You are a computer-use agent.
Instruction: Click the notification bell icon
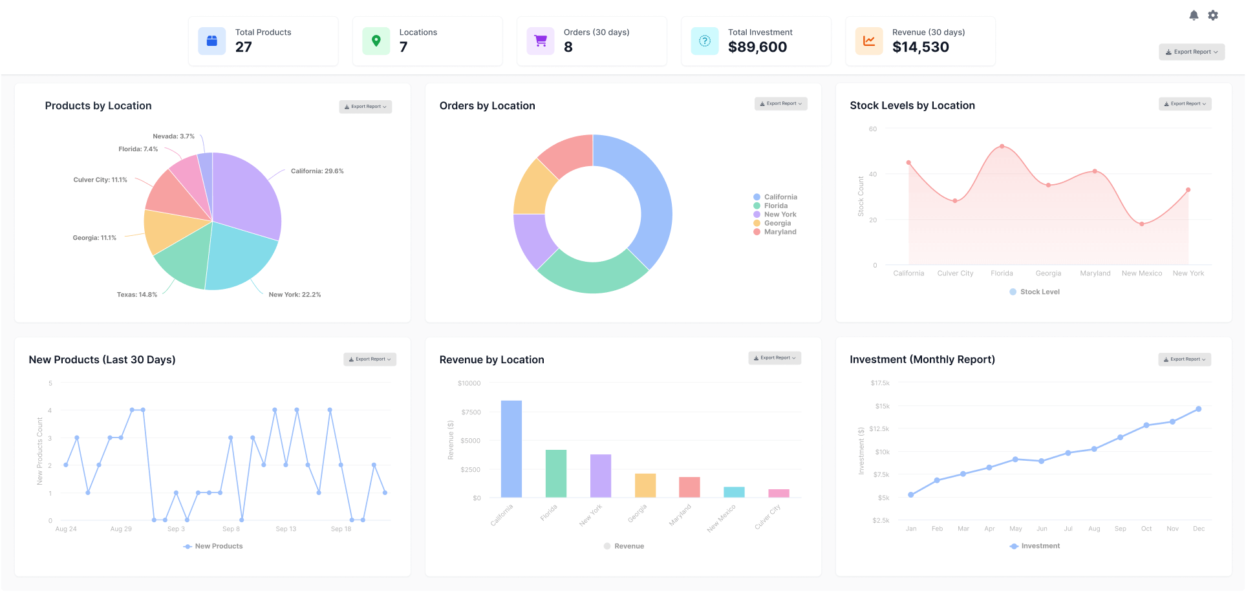(1194, 16)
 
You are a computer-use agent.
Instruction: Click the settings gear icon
(1213, 16)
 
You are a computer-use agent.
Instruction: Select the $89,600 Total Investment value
(757, 47)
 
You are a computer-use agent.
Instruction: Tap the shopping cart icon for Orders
(541, 41)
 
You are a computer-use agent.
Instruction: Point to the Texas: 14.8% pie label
(137, 295)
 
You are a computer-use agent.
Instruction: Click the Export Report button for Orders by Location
(780, 103)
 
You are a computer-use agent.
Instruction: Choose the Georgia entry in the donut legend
(777, 223)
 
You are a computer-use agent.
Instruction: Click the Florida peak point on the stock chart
(1002, 146)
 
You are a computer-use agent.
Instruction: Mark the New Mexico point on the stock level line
(1142, 224)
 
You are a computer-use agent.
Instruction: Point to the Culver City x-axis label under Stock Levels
(955, 273)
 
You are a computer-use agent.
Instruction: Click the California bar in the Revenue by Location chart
(511, 449)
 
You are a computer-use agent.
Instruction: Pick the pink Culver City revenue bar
(779, 493)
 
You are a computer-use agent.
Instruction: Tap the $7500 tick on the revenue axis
(471, 412)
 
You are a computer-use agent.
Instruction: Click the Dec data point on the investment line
(1198, 409)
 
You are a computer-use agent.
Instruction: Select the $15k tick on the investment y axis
(882, 407)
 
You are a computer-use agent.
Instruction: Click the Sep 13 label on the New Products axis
(286, 529)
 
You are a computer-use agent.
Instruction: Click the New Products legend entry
(213, 546)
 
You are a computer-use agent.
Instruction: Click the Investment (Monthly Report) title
(922, 359)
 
